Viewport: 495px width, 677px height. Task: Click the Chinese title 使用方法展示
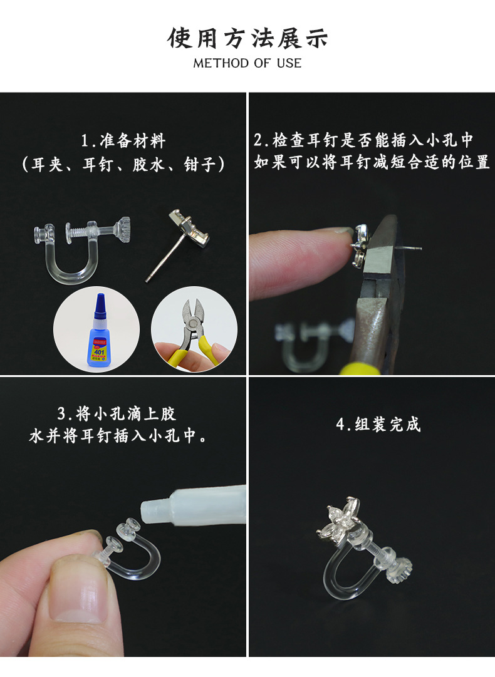247,38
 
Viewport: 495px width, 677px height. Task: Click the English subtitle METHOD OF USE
247,63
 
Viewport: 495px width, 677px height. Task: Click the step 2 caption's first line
363,140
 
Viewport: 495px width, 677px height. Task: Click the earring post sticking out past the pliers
410,248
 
